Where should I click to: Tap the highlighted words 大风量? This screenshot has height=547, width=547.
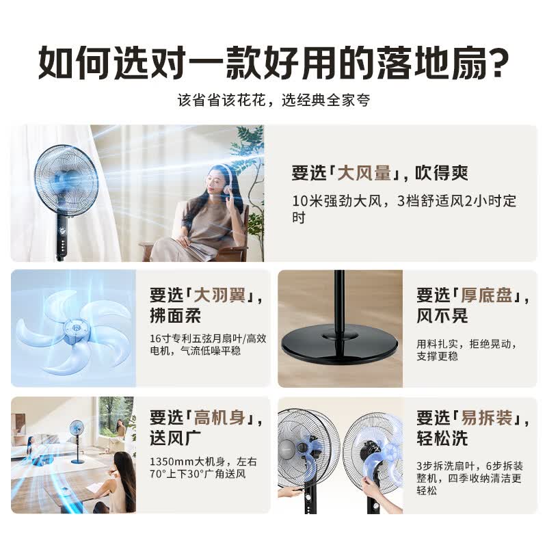pos(364,173)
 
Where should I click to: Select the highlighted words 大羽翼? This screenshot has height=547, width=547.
pos(219,295)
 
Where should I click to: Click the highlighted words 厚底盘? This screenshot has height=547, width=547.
pos(486,295)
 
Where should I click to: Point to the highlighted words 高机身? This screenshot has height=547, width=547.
pos(219,417)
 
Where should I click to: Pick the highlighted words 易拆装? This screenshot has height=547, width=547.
pos(486,417)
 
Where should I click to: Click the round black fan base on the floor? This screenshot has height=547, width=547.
pos(339,343)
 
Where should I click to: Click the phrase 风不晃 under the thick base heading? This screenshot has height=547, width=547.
pos(442,316)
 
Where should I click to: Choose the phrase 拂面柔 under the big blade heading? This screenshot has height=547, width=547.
pos(176,316)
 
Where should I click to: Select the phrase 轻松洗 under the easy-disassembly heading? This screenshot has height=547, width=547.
pos(442,438)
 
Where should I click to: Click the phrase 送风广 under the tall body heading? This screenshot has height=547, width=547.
pos(176,438)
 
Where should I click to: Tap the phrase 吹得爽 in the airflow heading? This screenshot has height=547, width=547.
pos(441,173)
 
